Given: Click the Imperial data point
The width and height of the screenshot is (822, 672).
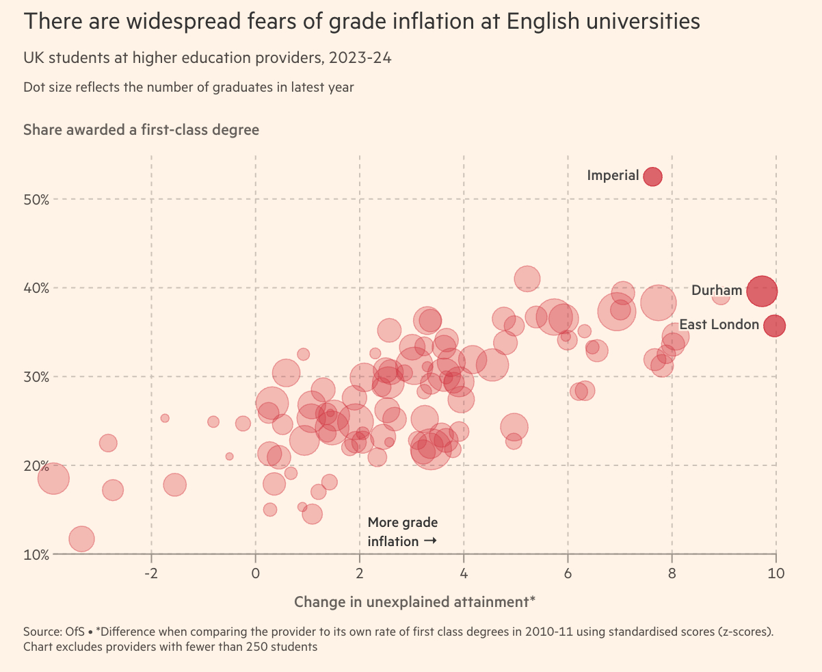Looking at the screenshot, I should coord(652,176).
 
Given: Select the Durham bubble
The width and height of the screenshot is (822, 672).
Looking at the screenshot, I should coord(762,291).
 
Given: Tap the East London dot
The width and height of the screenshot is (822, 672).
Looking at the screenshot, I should coord(774,326).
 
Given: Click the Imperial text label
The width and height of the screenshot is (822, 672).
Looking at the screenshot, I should coord(613,176).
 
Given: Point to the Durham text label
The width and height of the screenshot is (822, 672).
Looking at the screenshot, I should coord(717,291).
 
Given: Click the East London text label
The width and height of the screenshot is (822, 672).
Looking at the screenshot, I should coord(719,325).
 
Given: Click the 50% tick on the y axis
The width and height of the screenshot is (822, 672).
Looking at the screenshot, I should coord(37,199).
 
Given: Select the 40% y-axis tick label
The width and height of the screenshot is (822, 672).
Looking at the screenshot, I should coord(37,288).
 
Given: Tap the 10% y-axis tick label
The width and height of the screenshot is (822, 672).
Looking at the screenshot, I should coord(37,554).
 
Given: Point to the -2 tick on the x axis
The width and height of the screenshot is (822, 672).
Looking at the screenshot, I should coord(151,572).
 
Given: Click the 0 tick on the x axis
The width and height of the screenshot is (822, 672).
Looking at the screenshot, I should coord(256,572).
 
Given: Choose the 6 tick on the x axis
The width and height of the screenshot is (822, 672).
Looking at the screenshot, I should coord(568,572).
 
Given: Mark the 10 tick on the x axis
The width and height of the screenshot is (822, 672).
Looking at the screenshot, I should coord(775,572).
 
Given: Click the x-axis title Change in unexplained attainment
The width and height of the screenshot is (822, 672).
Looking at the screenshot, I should coord(414,602).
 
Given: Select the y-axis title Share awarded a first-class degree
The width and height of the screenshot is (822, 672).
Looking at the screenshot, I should coord(142,129).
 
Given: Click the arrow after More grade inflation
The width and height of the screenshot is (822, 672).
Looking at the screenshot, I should coord(430,541).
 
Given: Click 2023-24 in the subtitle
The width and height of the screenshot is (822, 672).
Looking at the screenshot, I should coord(360,58).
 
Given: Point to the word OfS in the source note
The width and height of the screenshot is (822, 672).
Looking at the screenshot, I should coord(74,631).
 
